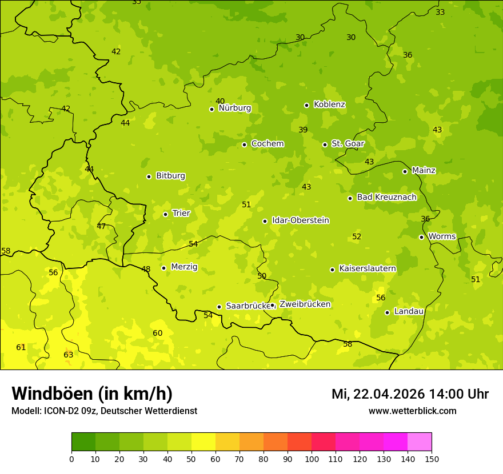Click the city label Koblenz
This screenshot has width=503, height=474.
click(329, 105)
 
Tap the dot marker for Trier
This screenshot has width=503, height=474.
click(166, 214)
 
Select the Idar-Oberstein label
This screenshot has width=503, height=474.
click(301, 220)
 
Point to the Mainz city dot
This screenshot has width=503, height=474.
click(405, 171)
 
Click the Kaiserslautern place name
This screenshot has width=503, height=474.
click(368, 268)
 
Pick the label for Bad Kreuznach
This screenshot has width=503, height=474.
click(386, 197)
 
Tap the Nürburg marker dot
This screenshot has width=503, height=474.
click(211, 109)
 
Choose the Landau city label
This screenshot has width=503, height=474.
click(409, 311)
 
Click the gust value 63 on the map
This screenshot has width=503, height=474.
click(69, 355)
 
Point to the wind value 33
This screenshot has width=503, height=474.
click(440, 12)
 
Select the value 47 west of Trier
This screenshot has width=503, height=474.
click(101, 226)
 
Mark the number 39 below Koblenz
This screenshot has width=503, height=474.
click(303, 130)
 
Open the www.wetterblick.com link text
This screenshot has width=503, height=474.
click(412, 411)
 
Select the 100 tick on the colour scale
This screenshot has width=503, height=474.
click(312, 458)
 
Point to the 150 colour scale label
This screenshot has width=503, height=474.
click(432, 458)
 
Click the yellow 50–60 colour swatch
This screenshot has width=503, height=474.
click(203, 442)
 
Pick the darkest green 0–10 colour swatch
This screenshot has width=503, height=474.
click(83, 442)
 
